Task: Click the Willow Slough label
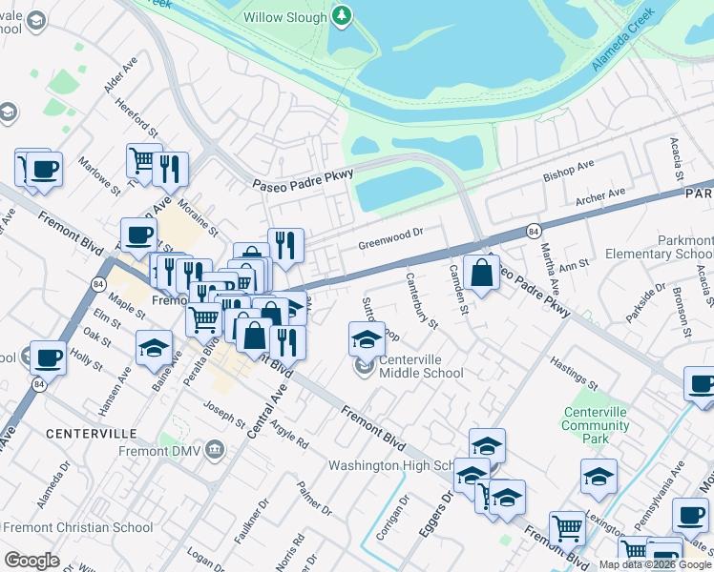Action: click(x=284, y=17)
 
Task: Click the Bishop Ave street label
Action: click(x=568, y=170)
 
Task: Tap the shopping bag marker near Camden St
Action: click(x=482, y=273)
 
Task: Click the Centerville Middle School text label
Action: click(x=421, y=366)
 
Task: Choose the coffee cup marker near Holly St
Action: click(x=48, y=357)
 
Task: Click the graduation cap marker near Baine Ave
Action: click(x=154, y=348)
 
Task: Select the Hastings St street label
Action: click(x=573, y=378)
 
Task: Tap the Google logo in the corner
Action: click(x=32, y=560)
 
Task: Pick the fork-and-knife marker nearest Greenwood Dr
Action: click(x=285, y=245)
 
